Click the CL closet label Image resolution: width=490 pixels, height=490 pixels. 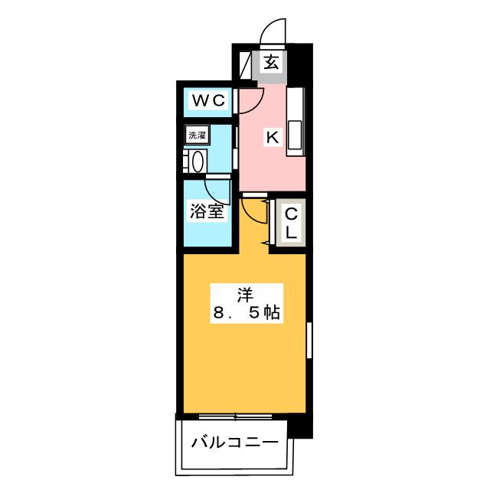click(x=292, y=223)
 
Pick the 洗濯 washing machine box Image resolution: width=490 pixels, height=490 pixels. click(x=197, y=135)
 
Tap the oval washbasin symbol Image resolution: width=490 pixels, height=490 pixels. click(x=197, y=162)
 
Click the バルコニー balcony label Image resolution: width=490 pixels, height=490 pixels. click(x=234, y=443)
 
